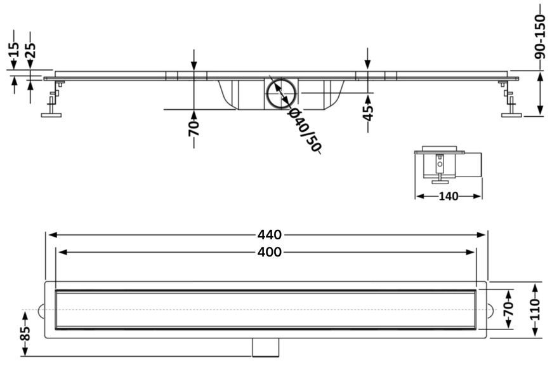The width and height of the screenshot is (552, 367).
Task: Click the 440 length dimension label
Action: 269,234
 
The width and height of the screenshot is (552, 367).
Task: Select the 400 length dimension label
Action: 269,252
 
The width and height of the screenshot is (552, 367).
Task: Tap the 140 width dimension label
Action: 449,196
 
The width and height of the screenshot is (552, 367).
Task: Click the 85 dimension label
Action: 25,333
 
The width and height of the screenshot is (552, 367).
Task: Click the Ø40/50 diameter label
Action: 303,130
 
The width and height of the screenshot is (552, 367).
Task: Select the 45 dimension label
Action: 367,113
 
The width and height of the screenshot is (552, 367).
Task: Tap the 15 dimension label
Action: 13,50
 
